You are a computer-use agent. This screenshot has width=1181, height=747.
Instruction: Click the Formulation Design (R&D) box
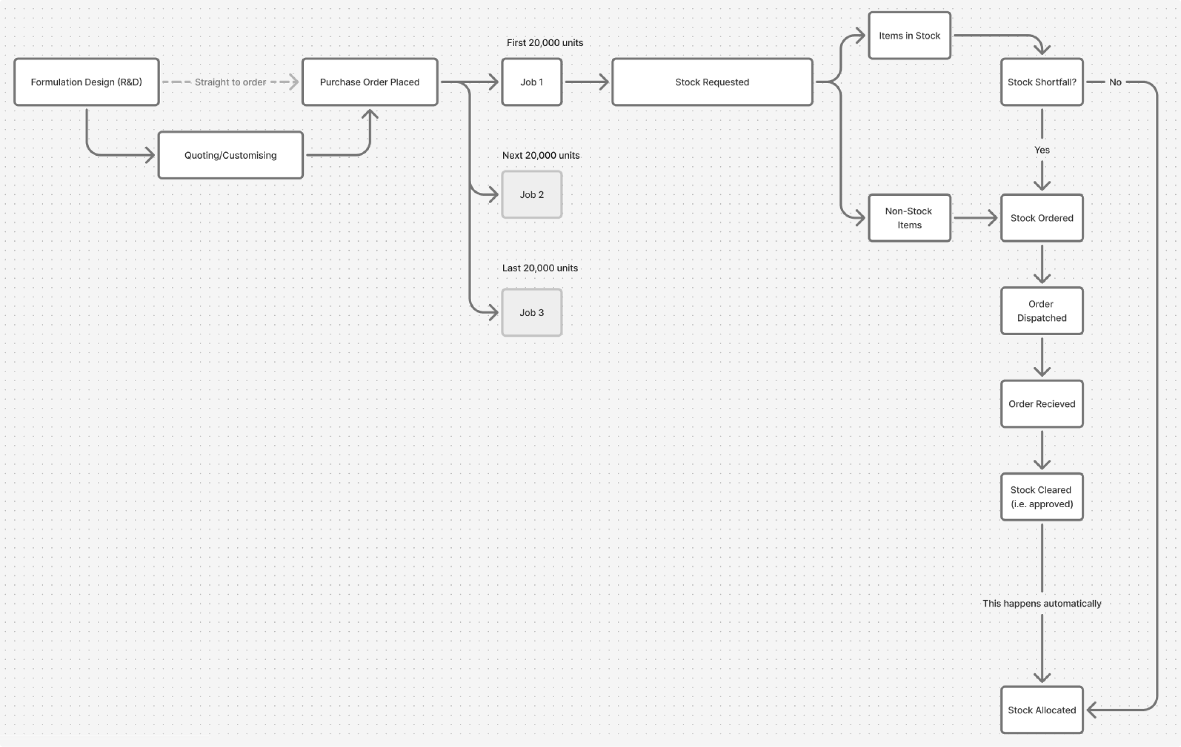click(x=86, y=82)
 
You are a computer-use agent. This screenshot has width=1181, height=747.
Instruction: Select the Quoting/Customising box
click(x=230, y=155)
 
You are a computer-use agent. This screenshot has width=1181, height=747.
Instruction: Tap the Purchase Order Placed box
click(x=369, y=82)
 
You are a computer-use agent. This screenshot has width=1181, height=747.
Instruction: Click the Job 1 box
click(x=531, y=82)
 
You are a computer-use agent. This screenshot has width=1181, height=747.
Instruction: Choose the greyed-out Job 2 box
click(x=531, y=195)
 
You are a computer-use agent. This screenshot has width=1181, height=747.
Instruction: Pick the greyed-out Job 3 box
click(x=531, y=312)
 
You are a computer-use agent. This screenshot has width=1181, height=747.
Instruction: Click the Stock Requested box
click(x=712, y=82)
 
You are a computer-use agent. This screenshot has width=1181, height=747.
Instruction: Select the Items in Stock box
click(x=909, y=36)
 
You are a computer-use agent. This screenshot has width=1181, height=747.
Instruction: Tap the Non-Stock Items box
click(x=909, y=218)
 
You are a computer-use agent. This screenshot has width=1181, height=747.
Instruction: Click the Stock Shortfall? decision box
click(x=1042, y=82)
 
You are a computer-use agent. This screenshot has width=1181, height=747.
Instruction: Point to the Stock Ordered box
click(x=1042, y=218)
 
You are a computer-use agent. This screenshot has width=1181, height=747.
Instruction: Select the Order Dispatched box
click(x=1042, y=311)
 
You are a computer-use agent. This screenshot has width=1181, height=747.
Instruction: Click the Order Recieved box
click(x=1042, y=404)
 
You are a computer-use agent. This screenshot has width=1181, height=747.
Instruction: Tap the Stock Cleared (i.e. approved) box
click(x=1042, y=497)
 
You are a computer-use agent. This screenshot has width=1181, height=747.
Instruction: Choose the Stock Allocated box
click(x=1042, y=710)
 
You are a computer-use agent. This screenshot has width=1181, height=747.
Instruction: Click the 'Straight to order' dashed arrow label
click(x=230, y=82)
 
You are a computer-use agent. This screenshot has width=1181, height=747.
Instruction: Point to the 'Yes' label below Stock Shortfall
click(x=1042, y=150)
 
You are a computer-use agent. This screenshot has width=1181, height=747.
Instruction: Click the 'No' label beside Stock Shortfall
click(x=1115, y=82)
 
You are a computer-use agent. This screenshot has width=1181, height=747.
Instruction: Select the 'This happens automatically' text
click(x=1042, y=603)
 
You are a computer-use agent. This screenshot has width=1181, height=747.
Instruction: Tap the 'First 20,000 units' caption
click(x=545, y=43)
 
